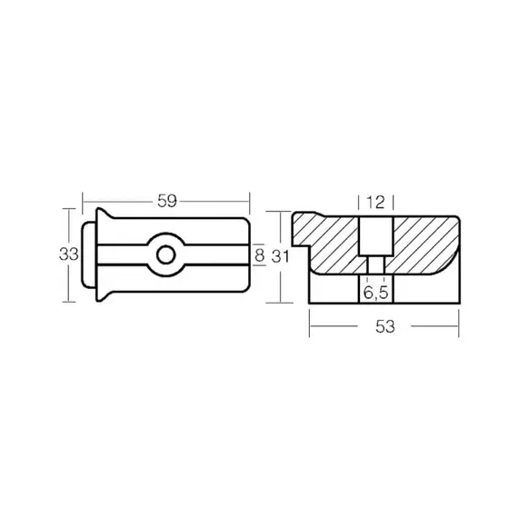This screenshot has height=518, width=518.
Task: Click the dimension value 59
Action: (167, 201)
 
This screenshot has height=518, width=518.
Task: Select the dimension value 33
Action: (69, 254)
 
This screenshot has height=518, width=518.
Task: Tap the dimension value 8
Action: (260, 255)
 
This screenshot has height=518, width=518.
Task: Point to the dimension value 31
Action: (280, 256)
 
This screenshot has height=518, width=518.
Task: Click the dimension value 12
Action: (376, 202)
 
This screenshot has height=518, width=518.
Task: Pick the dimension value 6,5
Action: (376, 292)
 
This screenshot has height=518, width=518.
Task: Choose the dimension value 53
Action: (385, 326)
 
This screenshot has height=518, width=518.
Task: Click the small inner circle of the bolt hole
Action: (165, 255)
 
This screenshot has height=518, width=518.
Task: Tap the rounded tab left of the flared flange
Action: (88, 254)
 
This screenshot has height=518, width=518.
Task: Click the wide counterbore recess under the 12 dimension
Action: (376, 236)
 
